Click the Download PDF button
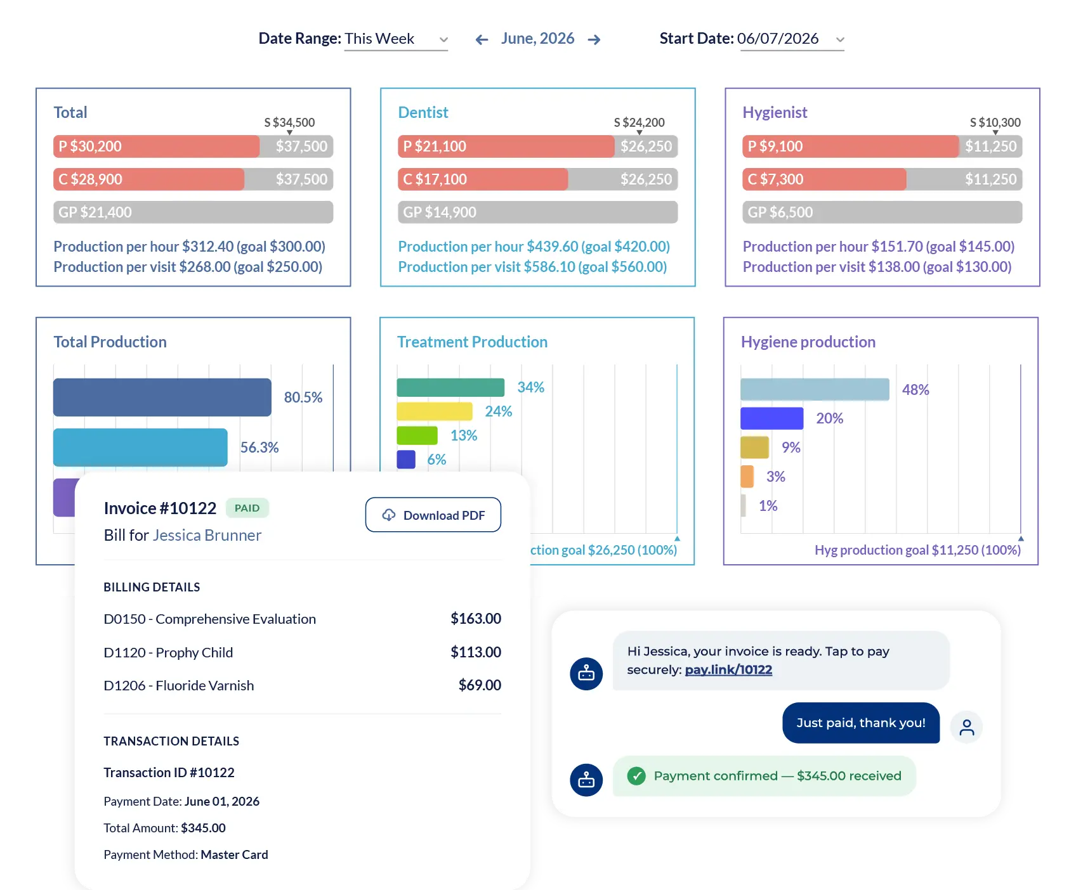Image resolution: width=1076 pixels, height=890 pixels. pos(433,515)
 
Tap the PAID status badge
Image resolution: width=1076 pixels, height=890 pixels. pos(247,508)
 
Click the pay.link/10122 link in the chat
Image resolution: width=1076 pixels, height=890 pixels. pos(728,669)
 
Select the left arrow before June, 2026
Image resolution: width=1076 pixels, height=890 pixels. pos(482,40)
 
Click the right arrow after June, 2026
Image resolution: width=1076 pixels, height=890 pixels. pos(594,40)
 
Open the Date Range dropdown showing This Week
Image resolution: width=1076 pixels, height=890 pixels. pos(397,39)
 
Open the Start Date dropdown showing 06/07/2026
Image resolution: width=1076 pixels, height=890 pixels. pos(792,39)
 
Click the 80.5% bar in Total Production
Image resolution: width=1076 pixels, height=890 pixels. pos(162,397)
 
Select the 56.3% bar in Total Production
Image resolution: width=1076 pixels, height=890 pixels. pos(140,448)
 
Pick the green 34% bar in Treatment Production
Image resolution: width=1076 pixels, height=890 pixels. pos(450,387)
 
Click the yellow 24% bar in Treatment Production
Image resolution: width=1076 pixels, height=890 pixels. pos(435,411)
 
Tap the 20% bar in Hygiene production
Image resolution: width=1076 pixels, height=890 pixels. pos(772,418)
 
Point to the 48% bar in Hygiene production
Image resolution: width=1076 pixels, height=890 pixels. pos(815,389)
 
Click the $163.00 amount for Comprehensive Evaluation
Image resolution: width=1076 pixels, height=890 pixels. pos(476,619)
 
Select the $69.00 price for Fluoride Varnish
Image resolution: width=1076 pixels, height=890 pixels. pos(480,685)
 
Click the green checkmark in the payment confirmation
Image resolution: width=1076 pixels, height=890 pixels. pos(636,776)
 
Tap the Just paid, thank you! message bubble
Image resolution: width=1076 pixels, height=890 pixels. pos(861,723)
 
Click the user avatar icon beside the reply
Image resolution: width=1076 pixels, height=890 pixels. pos(966,726)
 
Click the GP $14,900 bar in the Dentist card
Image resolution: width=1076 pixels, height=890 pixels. pos(538,212)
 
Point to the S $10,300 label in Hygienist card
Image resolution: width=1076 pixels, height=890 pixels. pos(995,122)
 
